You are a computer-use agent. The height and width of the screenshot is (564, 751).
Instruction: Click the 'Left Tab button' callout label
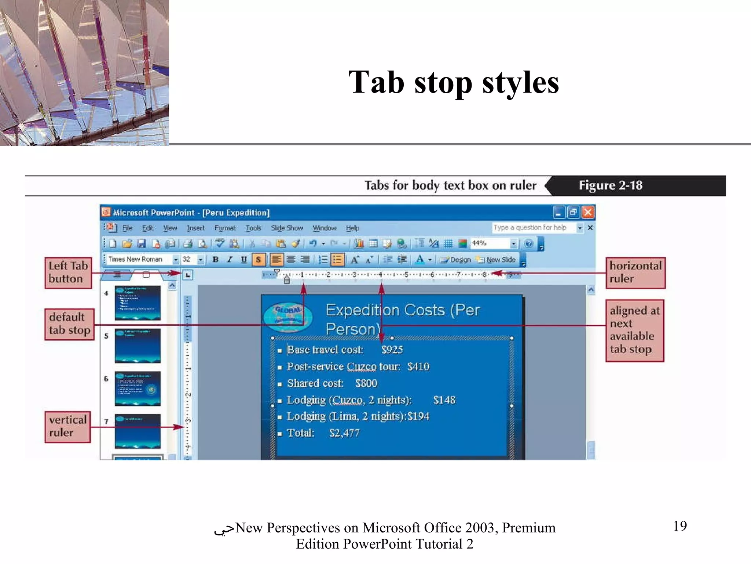68,272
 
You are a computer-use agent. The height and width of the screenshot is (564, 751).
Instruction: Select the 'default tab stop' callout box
69,324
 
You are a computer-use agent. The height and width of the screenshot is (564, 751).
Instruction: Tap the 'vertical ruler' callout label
67,426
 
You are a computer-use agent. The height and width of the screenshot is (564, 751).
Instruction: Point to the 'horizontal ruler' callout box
635,272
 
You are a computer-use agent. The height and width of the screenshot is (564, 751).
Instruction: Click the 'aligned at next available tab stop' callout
634,330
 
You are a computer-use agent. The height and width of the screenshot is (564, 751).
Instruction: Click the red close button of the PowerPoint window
588,212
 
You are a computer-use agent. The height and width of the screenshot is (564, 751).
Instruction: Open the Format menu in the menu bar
225,228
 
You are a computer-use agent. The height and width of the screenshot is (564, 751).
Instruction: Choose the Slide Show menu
287,228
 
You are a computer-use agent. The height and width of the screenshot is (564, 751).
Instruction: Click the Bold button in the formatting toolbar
216,260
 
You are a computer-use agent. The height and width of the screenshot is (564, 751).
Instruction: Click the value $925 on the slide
392,350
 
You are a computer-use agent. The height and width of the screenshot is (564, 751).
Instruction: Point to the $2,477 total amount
344,433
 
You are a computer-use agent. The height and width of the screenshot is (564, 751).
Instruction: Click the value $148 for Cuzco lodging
444,400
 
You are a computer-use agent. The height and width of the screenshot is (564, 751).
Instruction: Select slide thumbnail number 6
137,388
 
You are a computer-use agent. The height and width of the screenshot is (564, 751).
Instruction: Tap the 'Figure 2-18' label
610,185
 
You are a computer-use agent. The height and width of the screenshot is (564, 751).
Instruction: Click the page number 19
679,526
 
